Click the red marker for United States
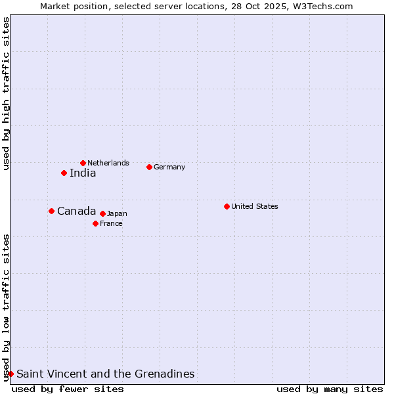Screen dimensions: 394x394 [x=227, y=206]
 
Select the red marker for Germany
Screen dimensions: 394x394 [x=149, y=167]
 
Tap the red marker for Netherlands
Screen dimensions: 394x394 [x=83, y=163]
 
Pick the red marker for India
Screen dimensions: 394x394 [x=64, y=173]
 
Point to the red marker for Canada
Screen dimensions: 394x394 [x=51, y=211]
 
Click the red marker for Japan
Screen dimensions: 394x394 [x=102, y=213]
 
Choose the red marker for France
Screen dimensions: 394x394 [x=95, y=223]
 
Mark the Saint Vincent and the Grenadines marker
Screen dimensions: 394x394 [x=11, y=374]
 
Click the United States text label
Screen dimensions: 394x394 [x=255, y=206]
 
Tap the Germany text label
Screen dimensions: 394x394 [x=169, y=167]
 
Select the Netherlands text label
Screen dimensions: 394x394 [x=108, y=163]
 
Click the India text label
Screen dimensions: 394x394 [x=83, y=173]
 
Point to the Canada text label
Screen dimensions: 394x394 [x=76, y=211]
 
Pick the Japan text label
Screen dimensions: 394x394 [x=117, y=213]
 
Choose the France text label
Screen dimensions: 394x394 [x=111, y=223]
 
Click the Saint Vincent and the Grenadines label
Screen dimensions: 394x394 [x=105, y=374]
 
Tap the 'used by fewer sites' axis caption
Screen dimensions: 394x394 [x=68, y=389]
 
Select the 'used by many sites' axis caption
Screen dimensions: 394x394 [x=330, y=389]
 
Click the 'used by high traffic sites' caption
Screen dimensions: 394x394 [x=6, y=94]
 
